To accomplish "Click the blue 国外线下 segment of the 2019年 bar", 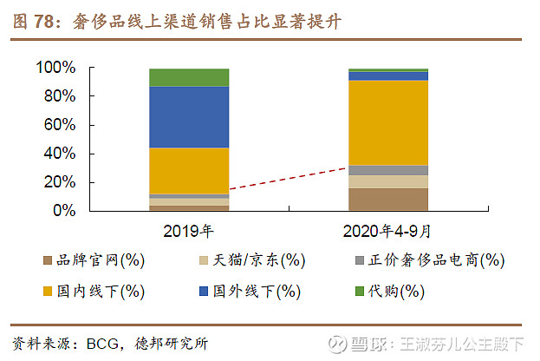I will coord(189,117).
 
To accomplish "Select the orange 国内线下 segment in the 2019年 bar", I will coord(189,171).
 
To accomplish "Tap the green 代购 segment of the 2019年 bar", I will coord(189,77).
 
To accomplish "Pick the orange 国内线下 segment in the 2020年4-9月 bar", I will coord(388,122).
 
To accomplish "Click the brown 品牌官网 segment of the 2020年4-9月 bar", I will coord(388,200).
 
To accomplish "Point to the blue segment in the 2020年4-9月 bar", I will coord(388,76).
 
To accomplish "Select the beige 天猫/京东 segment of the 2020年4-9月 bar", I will coord(388,181).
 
